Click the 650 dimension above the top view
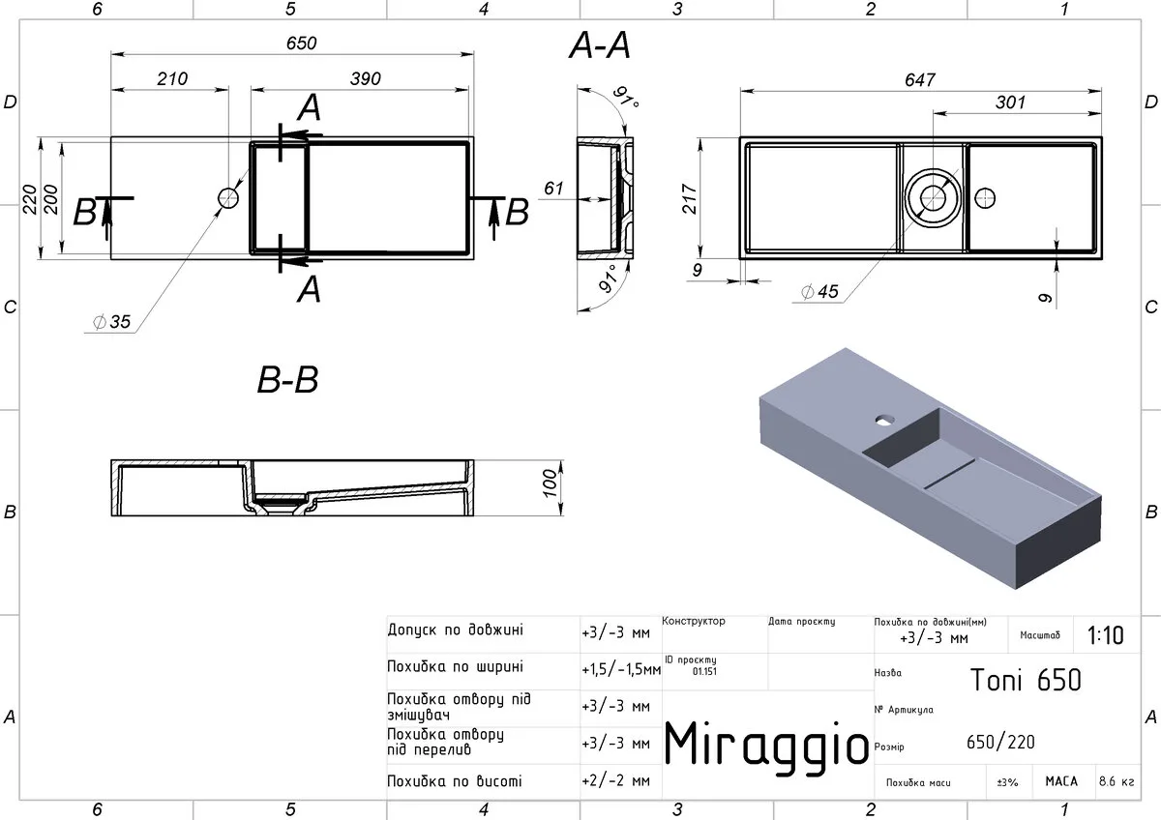coord(301,43)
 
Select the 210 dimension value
coord(172,78)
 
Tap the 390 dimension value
coord(366,78)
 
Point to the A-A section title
coord(600,45)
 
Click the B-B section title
coord(287,380)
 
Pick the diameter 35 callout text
coord(112,322)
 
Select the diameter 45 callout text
coord(819,292)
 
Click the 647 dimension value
coord(920,79)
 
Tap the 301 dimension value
coord(1010,102)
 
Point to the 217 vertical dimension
coord(689,198)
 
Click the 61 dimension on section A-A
coord(553,188)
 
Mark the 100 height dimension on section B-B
coord(549,483)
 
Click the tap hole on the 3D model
coord(884,419)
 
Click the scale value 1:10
coord(1105,635)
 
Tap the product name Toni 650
coord(1026,680)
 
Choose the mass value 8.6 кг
coord(1116,781)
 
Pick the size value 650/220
coord(1000,742)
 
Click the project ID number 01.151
coord(704,671)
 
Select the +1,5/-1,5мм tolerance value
coord(621,670)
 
